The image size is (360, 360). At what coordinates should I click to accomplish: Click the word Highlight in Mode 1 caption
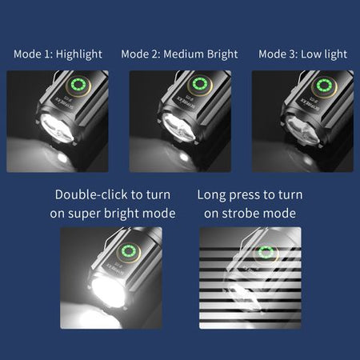tap(79, 54)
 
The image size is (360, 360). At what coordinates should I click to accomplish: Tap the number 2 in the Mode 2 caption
tap(155, 54)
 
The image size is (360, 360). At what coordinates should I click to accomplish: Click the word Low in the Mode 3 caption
tap(310, 54)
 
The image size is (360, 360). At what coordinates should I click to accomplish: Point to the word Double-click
tap(91, 194)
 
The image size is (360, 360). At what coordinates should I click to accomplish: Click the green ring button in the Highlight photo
tap(78, 85)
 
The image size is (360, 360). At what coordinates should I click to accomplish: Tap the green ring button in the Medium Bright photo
tap(199, 84)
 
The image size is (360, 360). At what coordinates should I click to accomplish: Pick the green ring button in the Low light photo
tap(324, 86)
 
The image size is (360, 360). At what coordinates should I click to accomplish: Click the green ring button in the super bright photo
tap(129, 251)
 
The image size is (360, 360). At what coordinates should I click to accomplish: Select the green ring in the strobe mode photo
tap(266, 252)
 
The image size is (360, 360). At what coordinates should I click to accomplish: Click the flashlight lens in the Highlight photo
tap(57, 129)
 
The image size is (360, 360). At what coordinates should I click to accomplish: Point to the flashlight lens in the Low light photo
tap(302, 130)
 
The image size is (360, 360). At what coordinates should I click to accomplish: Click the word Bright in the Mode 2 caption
tap(222, 54)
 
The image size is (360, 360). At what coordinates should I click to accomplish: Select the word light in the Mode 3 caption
tap(335, 54)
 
